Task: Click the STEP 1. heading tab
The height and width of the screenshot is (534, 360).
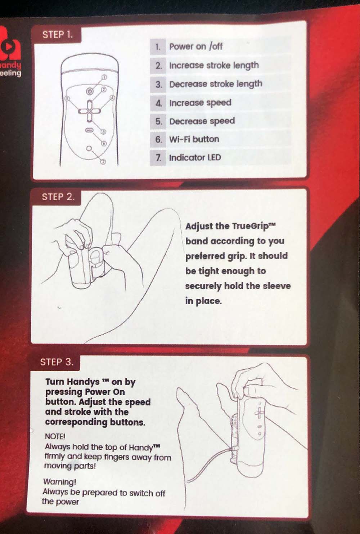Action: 57,35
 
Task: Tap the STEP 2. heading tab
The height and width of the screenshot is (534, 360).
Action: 57,197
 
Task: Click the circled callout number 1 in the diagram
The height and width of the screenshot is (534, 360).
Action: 104,77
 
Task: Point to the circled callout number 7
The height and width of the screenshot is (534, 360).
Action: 103,162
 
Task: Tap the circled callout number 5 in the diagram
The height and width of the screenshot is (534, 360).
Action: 67,98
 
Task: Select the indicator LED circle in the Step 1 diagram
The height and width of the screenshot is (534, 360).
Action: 89,148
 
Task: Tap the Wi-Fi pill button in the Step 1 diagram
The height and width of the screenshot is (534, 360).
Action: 89,130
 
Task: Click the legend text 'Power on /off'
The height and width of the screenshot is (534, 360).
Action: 196,46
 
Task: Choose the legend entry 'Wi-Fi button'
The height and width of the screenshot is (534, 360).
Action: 194,139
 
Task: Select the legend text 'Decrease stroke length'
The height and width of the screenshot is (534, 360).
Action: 216,84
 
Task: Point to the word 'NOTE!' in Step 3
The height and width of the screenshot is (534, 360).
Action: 55,437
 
